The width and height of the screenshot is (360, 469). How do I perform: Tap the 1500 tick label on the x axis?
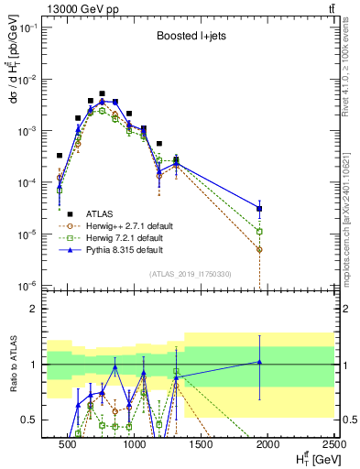202,443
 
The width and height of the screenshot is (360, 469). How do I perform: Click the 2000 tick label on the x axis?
267,443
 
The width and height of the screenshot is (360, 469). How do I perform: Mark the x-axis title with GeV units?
308,458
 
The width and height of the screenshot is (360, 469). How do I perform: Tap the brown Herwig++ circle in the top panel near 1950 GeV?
260,249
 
